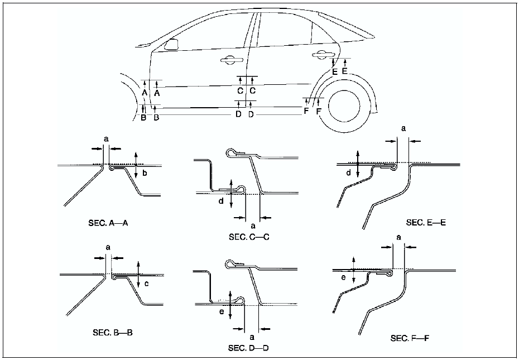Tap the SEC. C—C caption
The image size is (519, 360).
pyautogui.click(x=249, y=236)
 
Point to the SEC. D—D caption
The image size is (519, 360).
pyautogui.click(x=249, y=348)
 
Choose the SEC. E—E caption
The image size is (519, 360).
pyautogui.click(x=426, y=223)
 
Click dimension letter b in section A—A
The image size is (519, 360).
pyautogui.click(x=145, y=174)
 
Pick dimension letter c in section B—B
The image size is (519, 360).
pyautogui.click(x=146, y=284)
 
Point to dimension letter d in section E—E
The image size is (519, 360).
pyautogui.click(x=348, y=173)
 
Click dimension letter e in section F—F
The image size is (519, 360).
pyautogui.click(x=343, y=277)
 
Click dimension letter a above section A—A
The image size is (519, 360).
pyautogui.click(x=104, y=137)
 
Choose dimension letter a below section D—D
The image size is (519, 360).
pyautogui.click(x=252, y=337)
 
